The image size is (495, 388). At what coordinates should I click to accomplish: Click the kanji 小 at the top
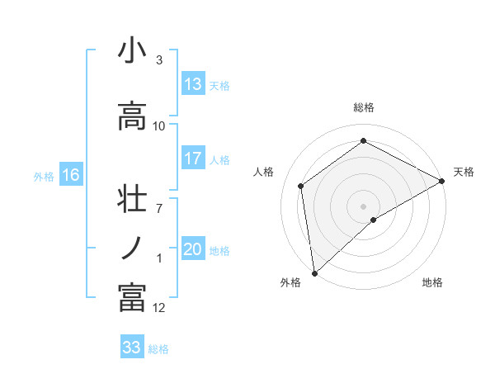coord(131,51)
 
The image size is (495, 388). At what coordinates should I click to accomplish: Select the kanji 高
coord(131,116)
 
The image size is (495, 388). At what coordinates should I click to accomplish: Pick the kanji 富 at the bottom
coord(131,296)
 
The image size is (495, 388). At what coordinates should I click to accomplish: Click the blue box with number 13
coord(193,85)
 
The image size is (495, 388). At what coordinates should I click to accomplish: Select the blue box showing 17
coord(193,159)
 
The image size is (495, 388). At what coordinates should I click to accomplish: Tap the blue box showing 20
coord(193,250)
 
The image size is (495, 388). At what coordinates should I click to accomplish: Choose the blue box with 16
coord(71,175)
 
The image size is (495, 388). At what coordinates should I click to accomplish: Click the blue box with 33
coord(132,348)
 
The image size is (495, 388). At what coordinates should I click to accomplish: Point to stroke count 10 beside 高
coord(159,126)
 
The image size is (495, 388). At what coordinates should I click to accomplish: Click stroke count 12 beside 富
coord(159,308)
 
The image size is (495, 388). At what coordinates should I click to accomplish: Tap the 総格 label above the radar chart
coord(364,107)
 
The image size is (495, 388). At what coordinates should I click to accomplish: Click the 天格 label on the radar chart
coord(464,172)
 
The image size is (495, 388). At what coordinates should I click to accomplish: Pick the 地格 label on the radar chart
coord(432,282)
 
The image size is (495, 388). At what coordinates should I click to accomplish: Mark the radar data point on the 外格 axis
coord(313,272)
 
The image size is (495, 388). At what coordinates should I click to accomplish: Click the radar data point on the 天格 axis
coord(442,182)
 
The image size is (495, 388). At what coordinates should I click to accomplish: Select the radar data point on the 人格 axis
coord(301,186)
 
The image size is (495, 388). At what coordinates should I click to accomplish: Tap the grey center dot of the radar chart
coord(363,205)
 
